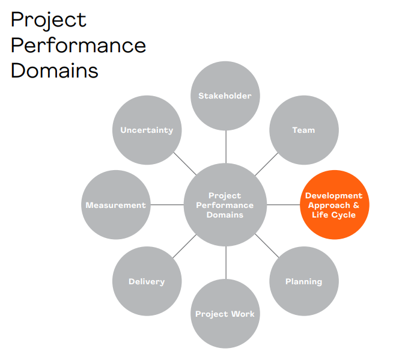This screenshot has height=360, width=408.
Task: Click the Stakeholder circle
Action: click(225, 96)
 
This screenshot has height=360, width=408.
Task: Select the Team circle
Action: click(304, 130)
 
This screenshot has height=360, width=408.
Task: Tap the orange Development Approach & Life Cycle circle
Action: click(334, 204)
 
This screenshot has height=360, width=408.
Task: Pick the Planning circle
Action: click(304, 281)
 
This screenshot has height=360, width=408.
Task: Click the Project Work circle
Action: click(225, 314)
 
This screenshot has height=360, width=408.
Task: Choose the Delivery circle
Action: click(147, 281)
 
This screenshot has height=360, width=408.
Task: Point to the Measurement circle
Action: click(116, 204)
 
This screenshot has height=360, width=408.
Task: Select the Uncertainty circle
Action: click(147, 130)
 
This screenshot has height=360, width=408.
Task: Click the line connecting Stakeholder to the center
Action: click(226, 147)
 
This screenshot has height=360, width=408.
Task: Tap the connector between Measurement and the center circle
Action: click(167, 204)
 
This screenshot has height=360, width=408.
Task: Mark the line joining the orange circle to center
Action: click(284, 204)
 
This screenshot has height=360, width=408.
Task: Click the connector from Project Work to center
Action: click(226, 263)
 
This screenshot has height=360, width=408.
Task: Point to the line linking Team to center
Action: click(267, 164)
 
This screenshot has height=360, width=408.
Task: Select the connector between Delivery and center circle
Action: click(184, 246)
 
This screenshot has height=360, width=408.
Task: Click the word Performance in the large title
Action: click(78, 45)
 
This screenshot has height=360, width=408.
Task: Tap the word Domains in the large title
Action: click(55, 70)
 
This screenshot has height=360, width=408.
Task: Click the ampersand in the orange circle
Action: click(356, 205)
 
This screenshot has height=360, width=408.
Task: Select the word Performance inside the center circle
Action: click(225, 205)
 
